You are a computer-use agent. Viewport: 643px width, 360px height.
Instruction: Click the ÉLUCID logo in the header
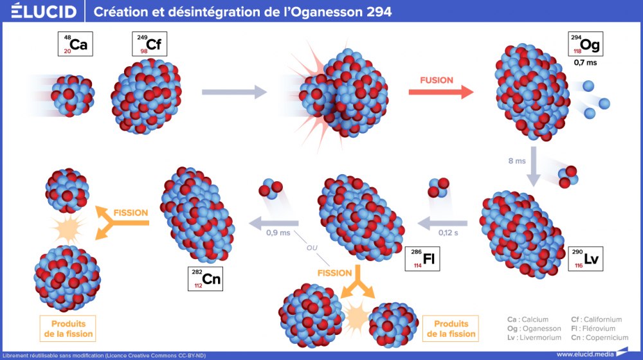tap(44, 12)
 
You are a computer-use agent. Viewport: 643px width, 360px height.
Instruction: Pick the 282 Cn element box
tap(205, 278)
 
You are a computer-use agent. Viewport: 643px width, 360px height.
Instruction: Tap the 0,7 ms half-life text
tap(585, 64)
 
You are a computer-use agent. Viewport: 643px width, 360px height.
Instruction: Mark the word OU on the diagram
tap(311, 248)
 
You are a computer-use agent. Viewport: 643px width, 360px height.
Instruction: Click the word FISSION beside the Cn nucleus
tap(131, 213)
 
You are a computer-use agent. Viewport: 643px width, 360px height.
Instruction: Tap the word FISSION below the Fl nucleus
tap(335, 273)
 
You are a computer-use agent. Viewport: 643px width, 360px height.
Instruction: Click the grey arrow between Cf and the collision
tap(233, 93)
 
